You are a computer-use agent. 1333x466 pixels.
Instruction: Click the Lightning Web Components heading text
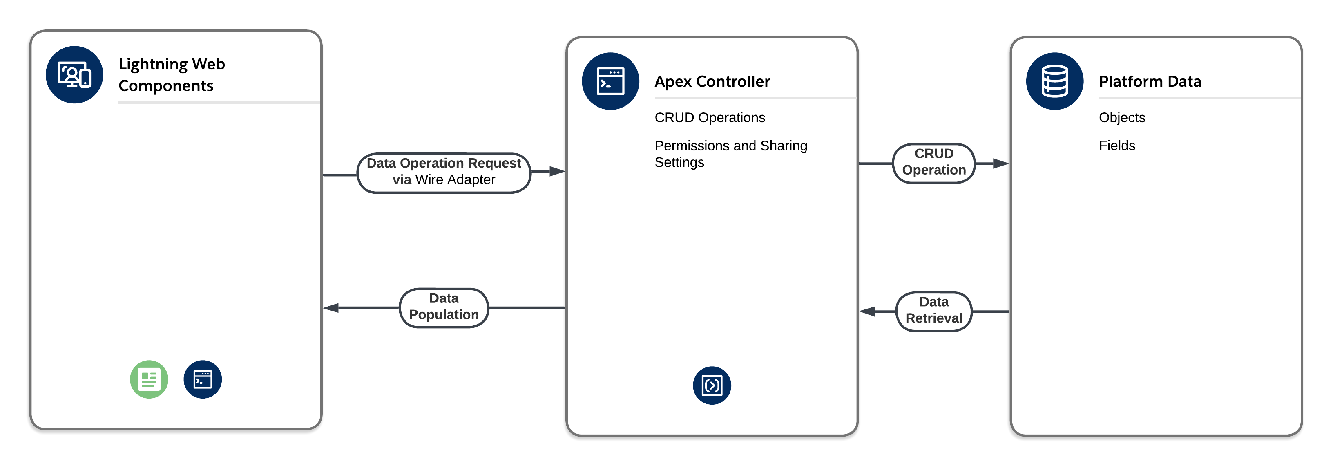click(x=171, y=74)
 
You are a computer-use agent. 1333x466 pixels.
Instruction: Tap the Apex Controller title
click(x=712, y=81)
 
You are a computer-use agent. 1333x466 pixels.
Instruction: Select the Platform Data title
click(x=1150, y=81)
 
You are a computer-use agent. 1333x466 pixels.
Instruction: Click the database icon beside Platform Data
click(x=1055, y=81)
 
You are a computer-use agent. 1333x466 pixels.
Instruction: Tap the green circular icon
click(x=149, y=379)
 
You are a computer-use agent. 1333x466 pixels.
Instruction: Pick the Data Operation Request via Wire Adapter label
click(x=444, y=171)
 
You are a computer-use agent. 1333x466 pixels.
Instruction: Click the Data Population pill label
click(x=444, y=307)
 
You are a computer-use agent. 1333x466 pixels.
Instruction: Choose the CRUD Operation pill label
click(x=934, y=162)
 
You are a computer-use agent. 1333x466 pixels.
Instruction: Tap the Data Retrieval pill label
click(x=934, y=310)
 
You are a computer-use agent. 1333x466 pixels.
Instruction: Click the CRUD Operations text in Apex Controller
click(x=710, y=118)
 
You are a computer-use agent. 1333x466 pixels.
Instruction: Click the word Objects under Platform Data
click(x=1122, y=118)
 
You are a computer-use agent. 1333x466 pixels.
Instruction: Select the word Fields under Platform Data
click(x=1117, y=146)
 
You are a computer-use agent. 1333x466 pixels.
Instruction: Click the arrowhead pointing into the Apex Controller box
click(x=557, y=171)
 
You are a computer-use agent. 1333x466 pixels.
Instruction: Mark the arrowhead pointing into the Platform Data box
click(x=1001, y=164)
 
